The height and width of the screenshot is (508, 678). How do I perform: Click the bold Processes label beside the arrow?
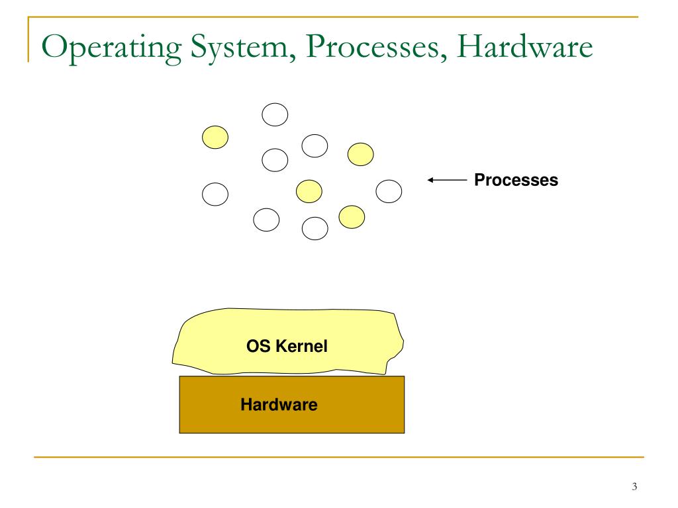click(516, 179)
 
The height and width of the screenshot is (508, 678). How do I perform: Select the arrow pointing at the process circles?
click(448, 179)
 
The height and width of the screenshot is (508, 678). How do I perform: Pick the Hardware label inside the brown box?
click(279, 403)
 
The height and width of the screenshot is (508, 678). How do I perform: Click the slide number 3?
click(634, 487)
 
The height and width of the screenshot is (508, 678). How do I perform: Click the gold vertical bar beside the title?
click(28, 40)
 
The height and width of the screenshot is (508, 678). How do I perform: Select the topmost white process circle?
click(275, 115)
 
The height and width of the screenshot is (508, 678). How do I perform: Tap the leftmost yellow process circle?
click(215, 137)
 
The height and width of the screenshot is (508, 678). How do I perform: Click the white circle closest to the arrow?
click(389, 191)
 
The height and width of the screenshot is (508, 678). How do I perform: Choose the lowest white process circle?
click(315, 228)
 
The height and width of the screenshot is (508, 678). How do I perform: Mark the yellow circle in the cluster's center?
click(309, 191)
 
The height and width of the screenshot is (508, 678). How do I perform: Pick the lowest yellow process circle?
click(352, 216)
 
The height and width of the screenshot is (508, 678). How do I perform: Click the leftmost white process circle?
click(215, 194)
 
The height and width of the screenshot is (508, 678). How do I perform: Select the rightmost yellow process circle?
click(360, 154)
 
